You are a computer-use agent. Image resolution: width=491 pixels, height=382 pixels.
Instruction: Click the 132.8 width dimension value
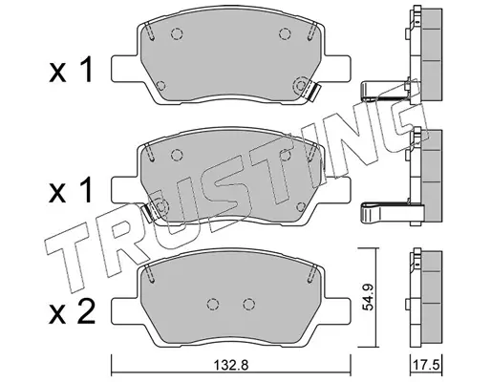coord(230,366)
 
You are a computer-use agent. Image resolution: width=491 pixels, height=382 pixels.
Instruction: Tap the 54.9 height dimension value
coord(369,297)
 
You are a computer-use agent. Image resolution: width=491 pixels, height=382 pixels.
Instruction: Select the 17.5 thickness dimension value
coord(426,365)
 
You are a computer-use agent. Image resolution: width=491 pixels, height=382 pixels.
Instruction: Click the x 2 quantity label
coord(72,312)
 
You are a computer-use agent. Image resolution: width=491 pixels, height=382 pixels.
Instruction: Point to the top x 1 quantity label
coord(71,70)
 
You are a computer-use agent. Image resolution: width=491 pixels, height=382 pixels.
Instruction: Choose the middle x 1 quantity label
coord(71,190)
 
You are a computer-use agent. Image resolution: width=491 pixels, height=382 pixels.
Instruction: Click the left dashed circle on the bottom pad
coord(213,304)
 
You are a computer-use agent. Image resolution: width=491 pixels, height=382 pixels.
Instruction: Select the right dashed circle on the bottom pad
coord(248,304)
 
